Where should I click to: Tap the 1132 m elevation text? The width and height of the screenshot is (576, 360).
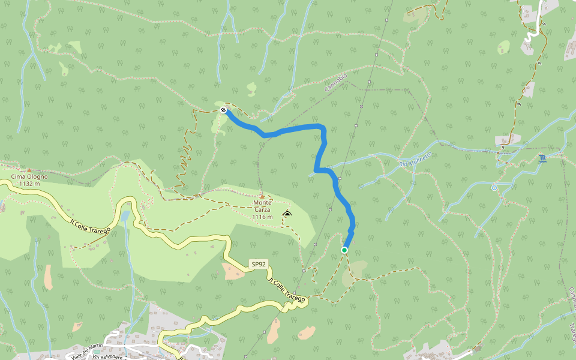click(29, 184)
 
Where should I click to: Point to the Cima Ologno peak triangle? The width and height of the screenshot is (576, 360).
click(29, 170)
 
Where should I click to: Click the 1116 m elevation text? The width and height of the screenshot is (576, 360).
click(262, 217)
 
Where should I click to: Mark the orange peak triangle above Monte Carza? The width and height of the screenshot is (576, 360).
click(262, 196)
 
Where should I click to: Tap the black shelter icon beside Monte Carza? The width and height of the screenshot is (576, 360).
click(287, 214)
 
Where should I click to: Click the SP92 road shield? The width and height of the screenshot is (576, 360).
click(258, 264)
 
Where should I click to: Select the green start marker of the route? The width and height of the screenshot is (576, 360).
click(344, 250)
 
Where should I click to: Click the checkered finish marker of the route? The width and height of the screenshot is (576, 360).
click(223, 110)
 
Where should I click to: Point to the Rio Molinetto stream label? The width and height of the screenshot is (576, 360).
click(415, 160)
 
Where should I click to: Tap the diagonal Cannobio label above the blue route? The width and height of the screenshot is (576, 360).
click(336, 82)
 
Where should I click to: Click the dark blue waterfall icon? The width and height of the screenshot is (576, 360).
click(542, 158)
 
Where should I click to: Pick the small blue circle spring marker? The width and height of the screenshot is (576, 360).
click(494, 188)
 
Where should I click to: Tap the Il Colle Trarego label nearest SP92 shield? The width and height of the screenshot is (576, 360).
click(286, 290)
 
